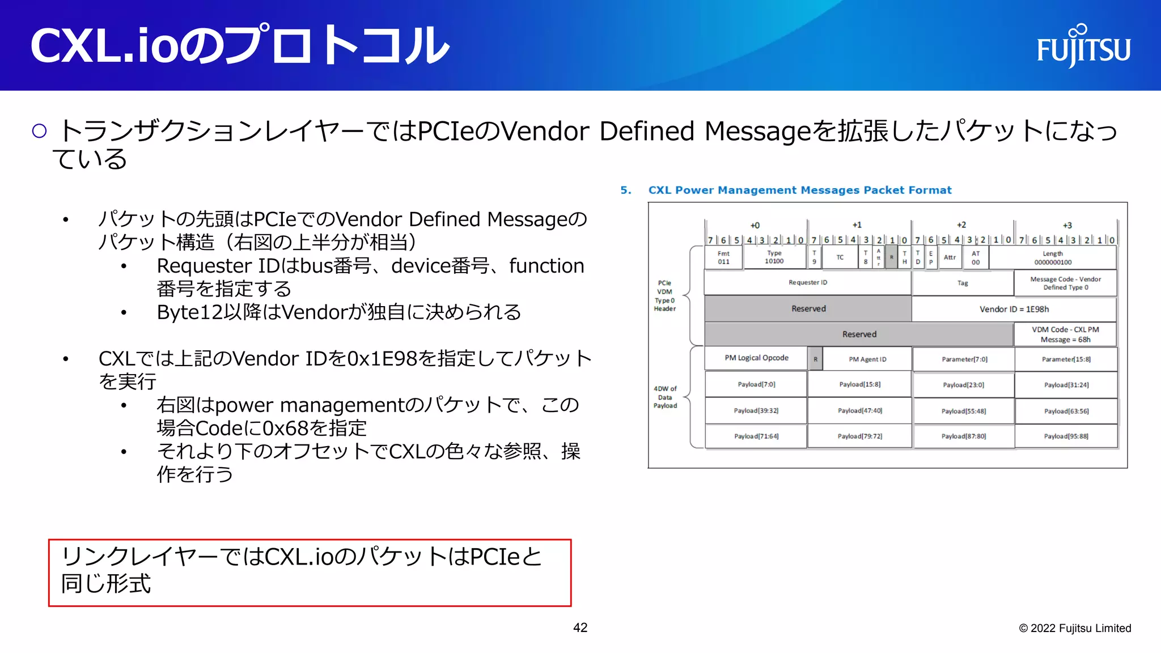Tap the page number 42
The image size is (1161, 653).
[x=580, y=627]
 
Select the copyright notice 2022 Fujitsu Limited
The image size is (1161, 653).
[x=1075, y=628]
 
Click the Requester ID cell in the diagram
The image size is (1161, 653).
[x=808, y=282]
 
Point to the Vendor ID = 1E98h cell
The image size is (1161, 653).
[x=1014, y=309]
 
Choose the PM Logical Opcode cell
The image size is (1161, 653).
[x=756, y=358]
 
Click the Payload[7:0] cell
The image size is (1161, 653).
[x=756, y=384]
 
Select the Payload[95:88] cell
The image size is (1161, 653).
[x=1066, y=436]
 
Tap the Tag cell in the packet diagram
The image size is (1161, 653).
[x=963, y=283]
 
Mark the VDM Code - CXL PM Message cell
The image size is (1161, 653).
[x=1065, y=334]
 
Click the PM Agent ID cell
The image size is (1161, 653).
[x=867, y=359]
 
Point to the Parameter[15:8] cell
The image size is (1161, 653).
[x=1066, y=359]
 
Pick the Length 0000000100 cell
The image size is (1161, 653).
[x=1052, y=258]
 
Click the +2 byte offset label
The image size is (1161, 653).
[x=961, y=225]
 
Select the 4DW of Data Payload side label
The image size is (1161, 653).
[x=665, y=397]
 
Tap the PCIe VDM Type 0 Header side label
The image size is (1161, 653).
[x=664, y=296]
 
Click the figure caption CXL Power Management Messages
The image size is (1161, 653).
[x=799, y=190]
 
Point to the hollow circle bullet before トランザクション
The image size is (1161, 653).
[x=39, y=132]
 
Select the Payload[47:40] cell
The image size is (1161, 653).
[x=860, y=410]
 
